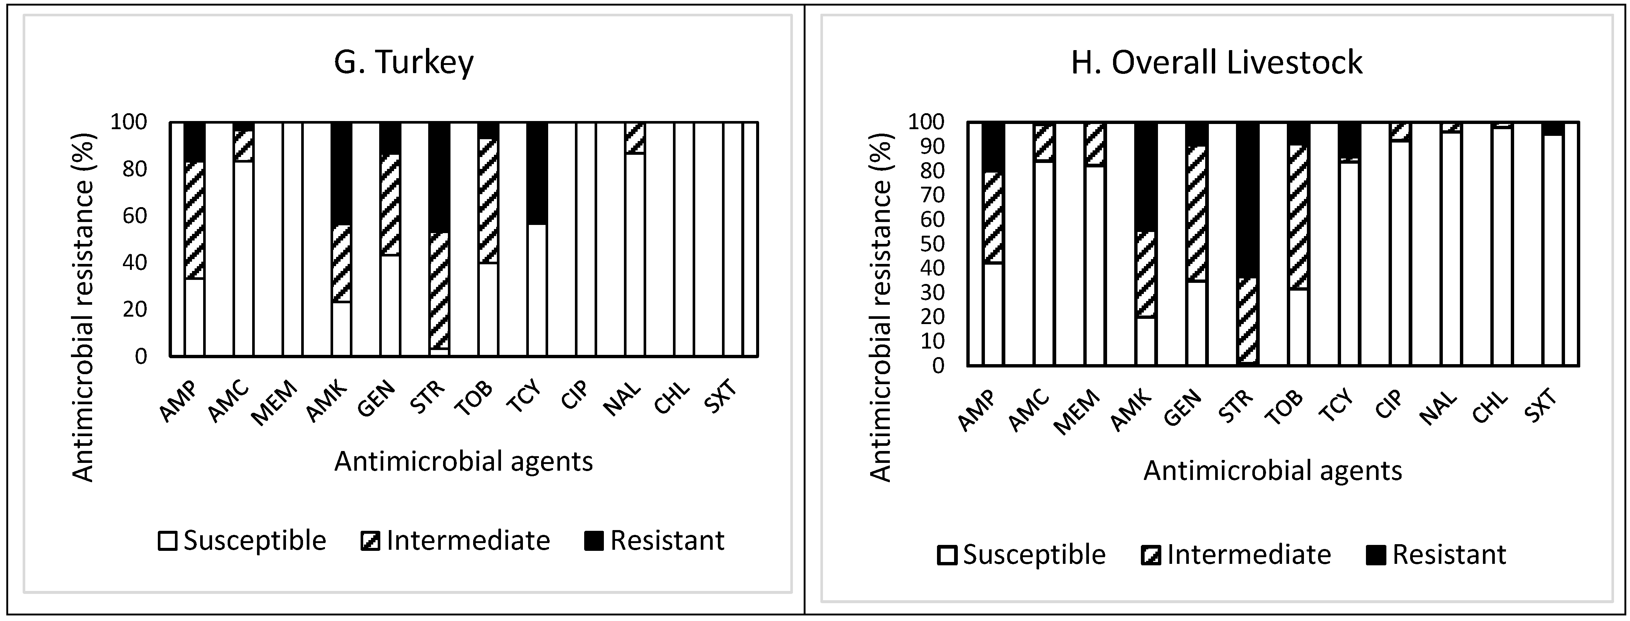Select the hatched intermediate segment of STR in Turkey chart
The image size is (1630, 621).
click(439, 291)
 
